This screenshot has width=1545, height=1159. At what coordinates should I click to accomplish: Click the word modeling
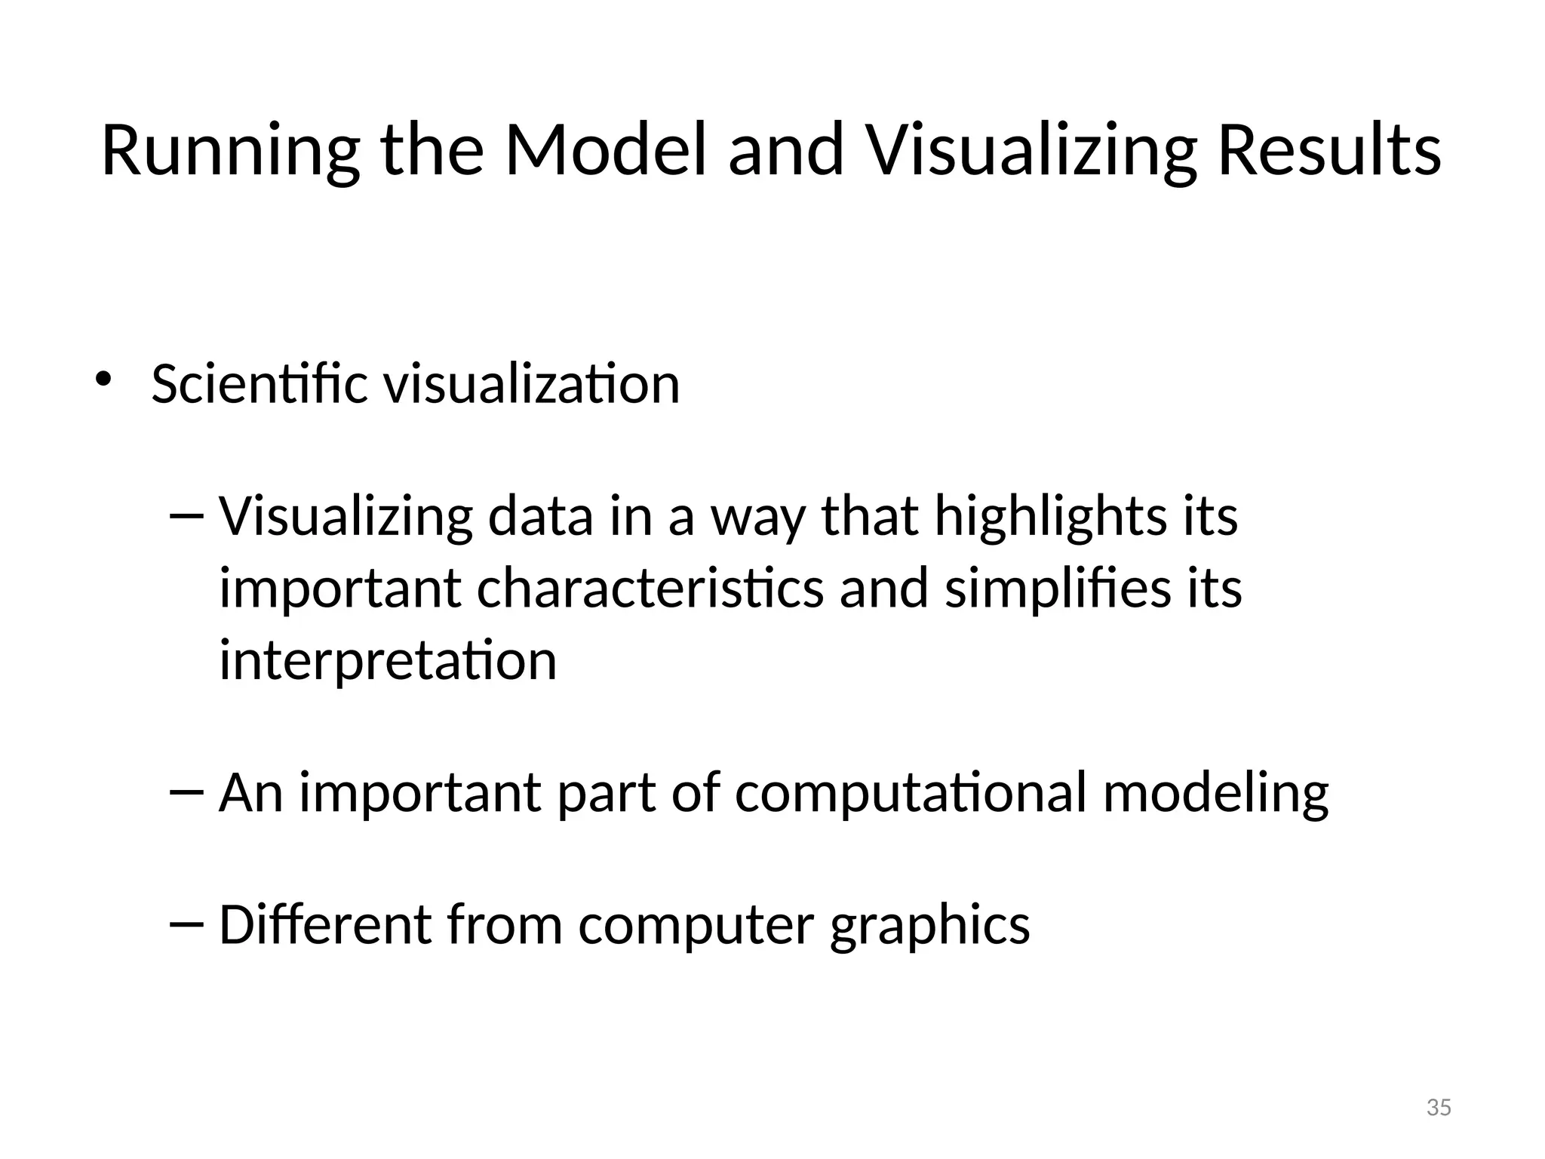point(1215,794)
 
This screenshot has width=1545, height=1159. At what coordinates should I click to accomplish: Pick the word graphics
point(929,926)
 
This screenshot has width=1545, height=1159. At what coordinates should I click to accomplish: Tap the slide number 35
point(1439,1108)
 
